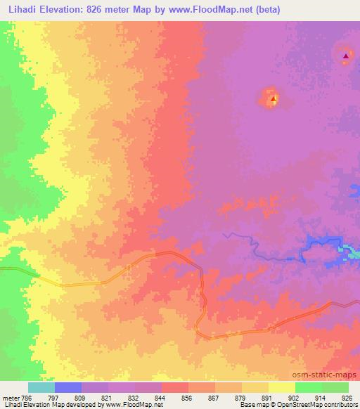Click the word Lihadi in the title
tap(18, 9)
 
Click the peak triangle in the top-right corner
tap(345, 56)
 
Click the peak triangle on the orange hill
tap(273, 100)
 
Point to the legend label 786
tap(27, 397)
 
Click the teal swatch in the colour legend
tap(41, 387)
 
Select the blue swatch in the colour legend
tap(68, 387)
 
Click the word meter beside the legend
tap(10, 397)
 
